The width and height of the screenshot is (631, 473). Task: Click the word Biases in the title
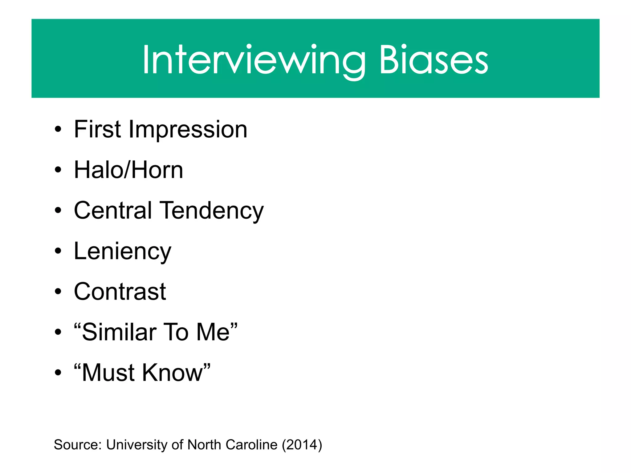point(434,60)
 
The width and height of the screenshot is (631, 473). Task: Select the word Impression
point(188,130)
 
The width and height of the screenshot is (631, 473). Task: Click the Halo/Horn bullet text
point(128,170)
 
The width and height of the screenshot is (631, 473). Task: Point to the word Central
point(113,210)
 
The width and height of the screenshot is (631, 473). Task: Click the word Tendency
point(212,211)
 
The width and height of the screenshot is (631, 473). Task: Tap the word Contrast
point(120,292)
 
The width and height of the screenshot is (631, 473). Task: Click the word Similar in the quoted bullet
point(119,332)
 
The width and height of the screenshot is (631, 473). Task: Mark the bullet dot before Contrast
point(58,292)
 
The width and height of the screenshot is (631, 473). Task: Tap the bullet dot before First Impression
point(58,130)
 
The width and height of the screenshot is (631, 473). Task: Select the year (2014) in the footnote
point(302,445)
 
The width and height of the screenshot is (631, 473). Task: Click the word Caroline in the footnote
point(251,445)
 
